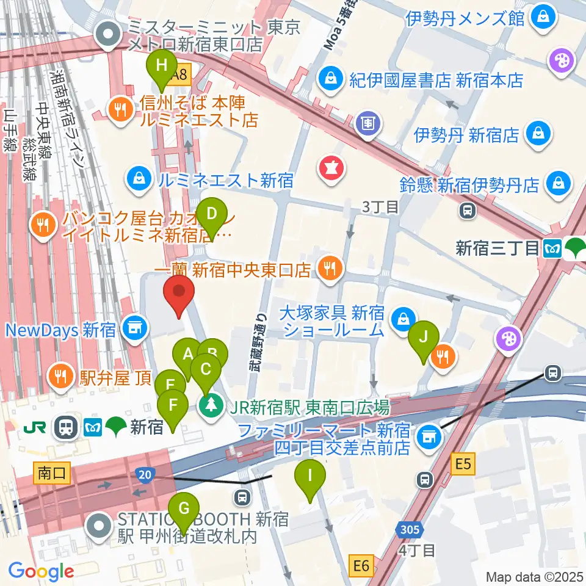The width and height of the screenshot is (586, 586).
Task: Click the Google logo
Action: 42,572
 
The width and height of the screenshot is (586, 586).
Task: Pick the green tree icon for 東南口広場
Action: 212,407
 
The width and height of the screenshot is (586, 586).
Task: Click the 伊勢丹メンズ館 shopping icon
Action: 541,17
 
